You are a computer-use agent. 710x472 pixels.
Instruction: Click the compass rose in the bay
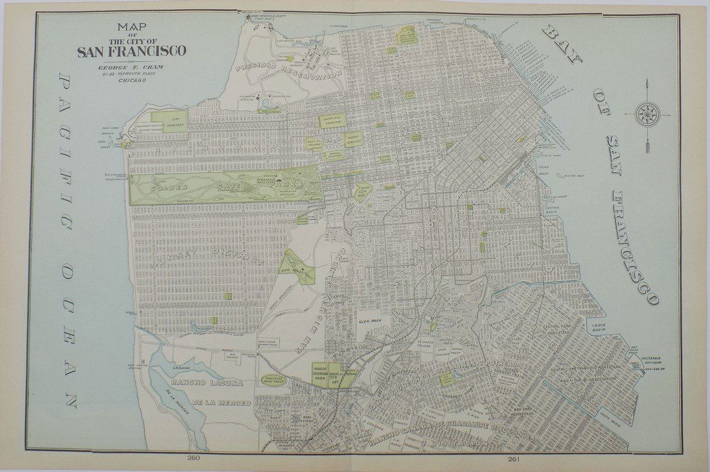coord(646,115)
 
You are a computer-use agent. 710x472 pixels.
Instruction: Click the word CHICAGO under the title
coord(131,82)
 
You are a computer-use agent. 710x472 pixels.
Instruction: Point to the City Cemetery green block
coord(174,118)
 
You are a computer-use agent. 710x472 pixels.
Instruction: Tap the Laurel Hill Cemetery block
coord(333,121)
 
